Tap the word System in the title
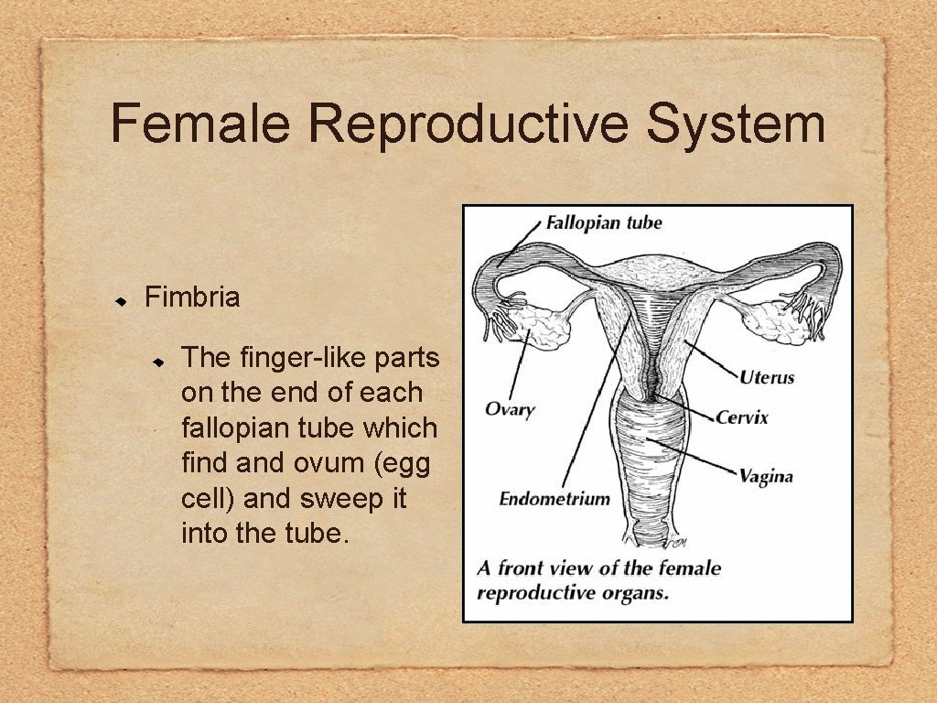736,125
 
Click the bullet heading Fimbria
192,297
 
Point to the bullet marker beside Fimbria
120,300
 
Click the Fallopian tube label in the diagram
604,222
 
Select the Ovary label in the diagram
510,409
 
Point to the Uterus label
767,377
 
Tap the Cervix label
742,417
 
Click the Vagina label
765,476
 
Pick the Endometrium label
555,499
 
